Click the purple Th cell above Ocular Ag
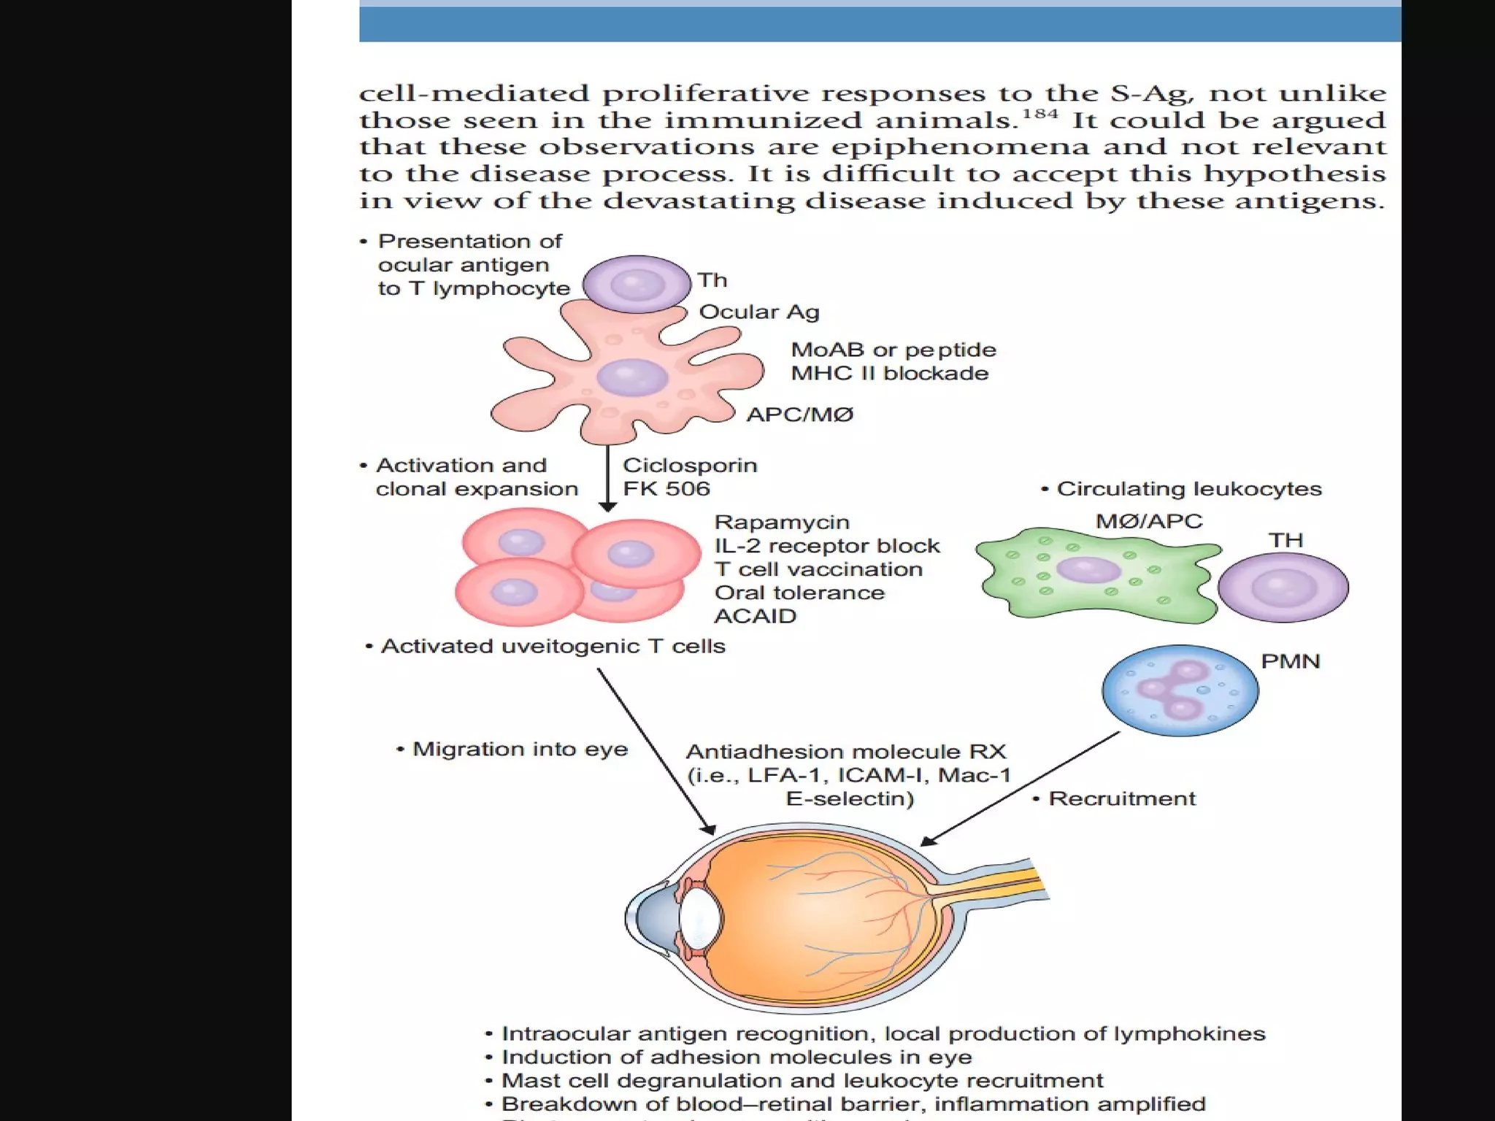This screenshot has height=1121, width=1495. pos(637,284)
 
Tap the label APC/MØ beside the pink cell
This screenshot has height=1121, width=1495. pos(799,415)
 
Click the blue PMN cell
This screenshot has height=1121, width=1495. pos(1180,690)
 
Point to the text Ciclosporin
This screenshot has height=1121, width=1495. pos(690,465)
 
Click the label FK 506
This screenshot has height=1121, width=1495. pos(666,488)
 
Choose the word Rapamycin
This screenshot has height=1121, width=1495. pos(781,522)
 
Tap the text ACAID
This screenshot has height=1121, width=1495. pos(755,616)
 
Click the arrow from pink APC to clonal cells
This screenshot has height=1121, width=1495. pos(607,478)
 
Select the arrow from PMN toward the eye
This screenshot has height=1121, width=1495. pos(1022,788)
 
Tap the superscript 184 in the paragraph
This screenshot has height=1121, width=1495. pos(1039,113)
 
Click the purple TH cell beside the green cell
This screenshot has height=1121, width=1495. pos(1283,588)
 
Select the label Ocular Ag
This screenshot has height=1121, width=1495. pos(759,312)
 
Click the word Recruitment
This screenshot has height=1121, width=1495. pos(1122,798)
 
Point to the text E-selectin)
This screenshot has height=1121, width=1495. pos(850,798)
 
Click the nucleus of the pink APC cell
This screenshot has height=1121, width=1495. pos(632,378)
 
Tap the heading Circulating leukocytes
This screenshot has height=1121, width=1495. pos(1188,488)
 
